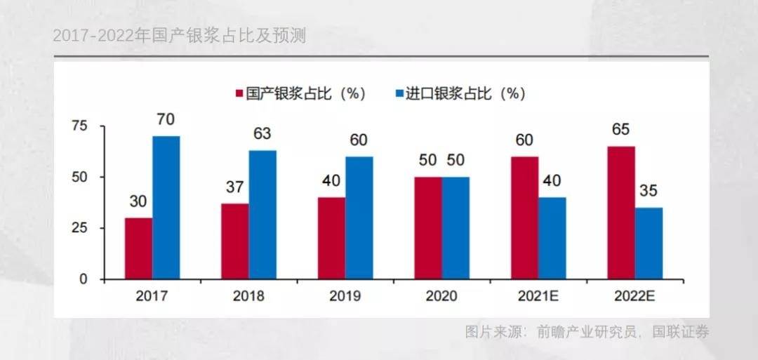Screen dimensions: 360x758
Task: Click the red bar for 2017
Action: coord(138,248)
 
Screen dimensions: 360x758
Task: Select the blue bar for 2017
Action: coord(166,208)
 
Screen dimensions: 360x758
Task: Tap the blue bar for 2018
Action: coord(262,215)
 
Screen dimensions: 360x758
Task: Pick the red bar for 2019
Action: coord(331,239)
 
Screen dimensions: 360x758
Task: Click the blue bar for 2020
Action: coord(456,228)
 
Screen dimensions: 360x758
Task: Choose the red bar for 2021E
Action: coord(524,218)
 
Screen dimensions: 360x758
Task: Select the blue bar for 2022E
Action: coord(649,244)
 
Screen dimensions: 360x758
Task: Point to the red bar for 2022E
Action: coord(621,213)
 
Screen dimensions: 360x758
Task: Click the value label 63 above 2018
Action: coord(262,134)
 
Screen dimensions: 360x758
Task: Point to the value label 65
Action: coord(620,130)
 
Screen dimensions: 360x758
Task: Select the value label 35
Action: coord(649,192)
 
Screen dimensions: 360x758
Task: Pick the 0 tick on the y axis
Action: coord(84,279)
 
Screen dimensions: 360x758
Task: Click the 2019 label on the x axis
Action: coord(345,296)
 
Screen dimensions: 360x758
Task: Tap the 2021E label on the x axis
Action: coord(538,296)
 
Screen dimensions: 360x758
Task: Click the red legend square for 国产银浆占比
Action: coord(239,93)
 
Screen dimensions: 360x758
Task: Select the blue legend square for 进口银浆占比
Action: coord(399,93)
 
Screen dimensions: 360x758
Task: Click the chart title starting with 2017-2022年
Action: coord(180,36)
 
